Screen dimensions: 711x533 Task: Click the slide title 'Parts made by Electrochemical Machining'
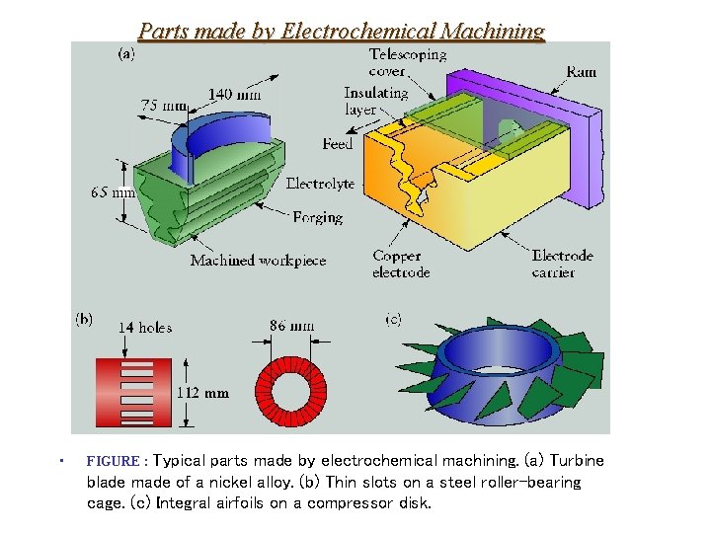[x=341, y=31]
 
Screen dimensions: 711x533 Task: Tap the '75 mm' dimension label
[x=164, y=106]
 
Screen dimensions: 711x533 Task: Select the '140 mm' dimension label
[x=234, y=95]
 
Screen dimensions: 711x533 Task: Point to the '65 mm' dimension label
[x=113, y=192]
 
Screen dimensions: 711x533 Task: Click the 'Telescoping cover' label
[x=407, y=62]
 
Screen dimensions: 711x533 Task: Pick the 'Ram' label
[x=581, y=72]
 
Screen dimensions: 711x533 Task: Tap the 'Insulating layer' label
[x=375, y=101]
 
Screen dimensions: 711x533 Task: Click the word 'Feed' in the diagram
[x=338, y=144]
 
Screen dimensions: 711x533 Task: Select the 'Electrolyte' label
[x=320, y=184]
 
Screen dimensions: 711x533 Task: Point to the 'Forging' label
[x=318, y=217]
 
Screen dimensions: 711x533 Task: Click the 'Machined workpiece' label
[x=258, y=261]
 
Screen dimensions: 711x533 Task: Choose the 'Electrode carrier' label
[x=562, y=264]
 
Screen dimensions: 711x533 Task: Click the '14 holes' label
[x=145, y=327]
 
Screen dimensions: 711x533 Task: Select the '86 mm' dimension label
[x=291, y=325]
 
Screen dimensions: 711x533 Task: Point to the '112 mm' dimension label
[x=202, y=393]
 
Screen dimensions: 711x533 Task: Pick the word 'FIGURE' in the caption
[x=113, y=461]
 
